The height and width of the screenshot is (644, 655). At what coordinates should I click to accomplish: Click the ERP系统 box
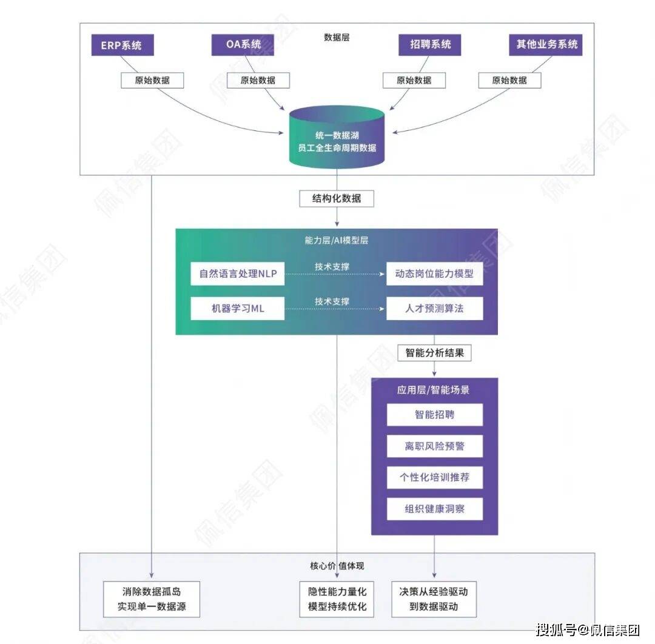click(121, 45)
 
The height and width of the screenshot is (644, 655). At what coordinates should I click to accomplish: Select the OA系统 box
click(243, 45)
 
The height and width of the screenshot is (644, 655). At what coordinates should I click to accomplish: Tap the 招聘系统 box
click(429, 45)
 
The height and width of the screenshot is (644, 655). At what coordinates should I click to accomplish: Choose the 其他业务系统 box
click(546, 45)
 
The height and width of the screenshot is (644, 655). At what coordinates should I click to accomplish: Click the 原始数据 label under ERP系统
click(152, 80)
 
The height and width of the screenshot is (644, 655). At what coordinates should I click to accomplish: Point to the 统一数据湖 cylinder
click(337, 139)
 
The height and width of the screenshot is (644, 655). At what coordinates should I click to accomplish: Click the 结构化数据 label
click(337, 198)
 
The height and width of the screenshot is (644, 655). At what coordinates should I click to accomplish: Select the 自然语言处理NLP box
click(238, 274)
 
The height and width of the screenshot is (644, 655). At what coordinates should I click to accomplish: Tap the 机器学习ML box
click(238, 309)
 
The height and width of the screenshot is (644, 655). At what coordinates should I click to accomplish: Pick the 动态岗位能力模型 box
click(434, 274)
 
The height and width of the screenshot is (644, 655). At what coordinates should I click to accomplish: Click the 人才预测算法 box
click(434, 309)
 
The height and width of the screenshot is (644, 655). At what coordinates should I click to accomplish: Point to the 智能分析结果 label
click(434, 352)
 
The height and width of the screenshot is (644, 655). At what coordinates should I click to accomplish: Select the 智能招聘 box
click(434, 415)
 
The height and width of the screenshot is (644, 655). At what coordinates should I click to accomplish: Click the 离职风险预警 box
click(434, 447)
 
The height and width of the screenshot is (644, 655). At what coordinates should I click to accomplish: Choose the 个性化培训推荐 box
click(434, 477)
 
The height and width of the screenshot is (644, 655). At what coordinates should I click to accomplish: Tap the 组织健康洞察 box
click(434, 509)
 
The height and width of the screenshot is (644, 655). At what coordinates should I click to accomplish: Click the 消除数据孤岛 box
click(151, 599)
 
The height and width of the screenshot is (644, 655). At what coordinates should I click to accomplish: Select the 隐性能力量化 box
click(337, 599)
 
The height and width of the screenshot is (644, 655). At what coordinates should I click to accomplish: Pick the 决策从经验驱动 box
click(433, 599)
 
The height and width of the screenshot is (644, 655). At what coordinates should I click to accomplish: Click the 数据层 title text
click(337, 38)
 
